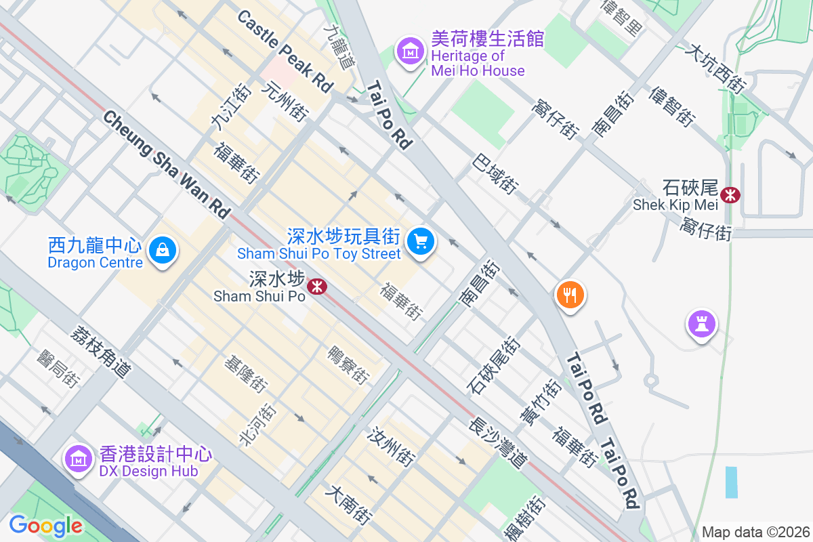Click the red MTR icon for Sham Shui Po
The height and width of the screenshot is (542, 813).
click(316, 287)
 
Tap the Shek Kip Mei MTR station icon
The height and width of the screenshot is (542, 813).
click(730, 195)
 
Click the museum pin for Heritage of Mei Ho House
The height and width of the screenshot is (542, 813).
click(411, 51)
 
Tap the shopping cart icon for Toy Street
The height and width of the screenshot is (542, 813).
click(421, 241)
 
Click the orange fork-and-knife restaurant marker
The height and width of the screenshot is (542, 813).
click(570, 295)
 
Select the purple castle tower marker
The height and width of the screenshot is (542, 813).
click(701, 324)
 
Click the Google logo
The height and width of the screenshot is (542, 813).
click(45, 525)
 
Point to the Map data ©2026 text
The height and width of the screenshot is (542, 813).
click(755, 532)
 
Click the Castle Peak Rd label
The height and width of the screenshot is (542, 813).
click(285, 51)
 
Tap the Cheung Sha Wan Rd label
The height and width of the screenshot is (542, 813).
click(167, 165)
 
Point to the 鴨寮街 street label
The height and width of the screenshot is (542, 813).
click(348, 365)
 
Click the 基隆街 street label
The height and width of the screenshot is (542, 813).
click(245, 375)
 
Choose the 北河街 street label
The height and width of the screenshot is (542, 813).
click(258, 425)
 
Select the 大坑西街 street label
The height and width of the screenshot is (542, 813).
click(715, 68)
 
